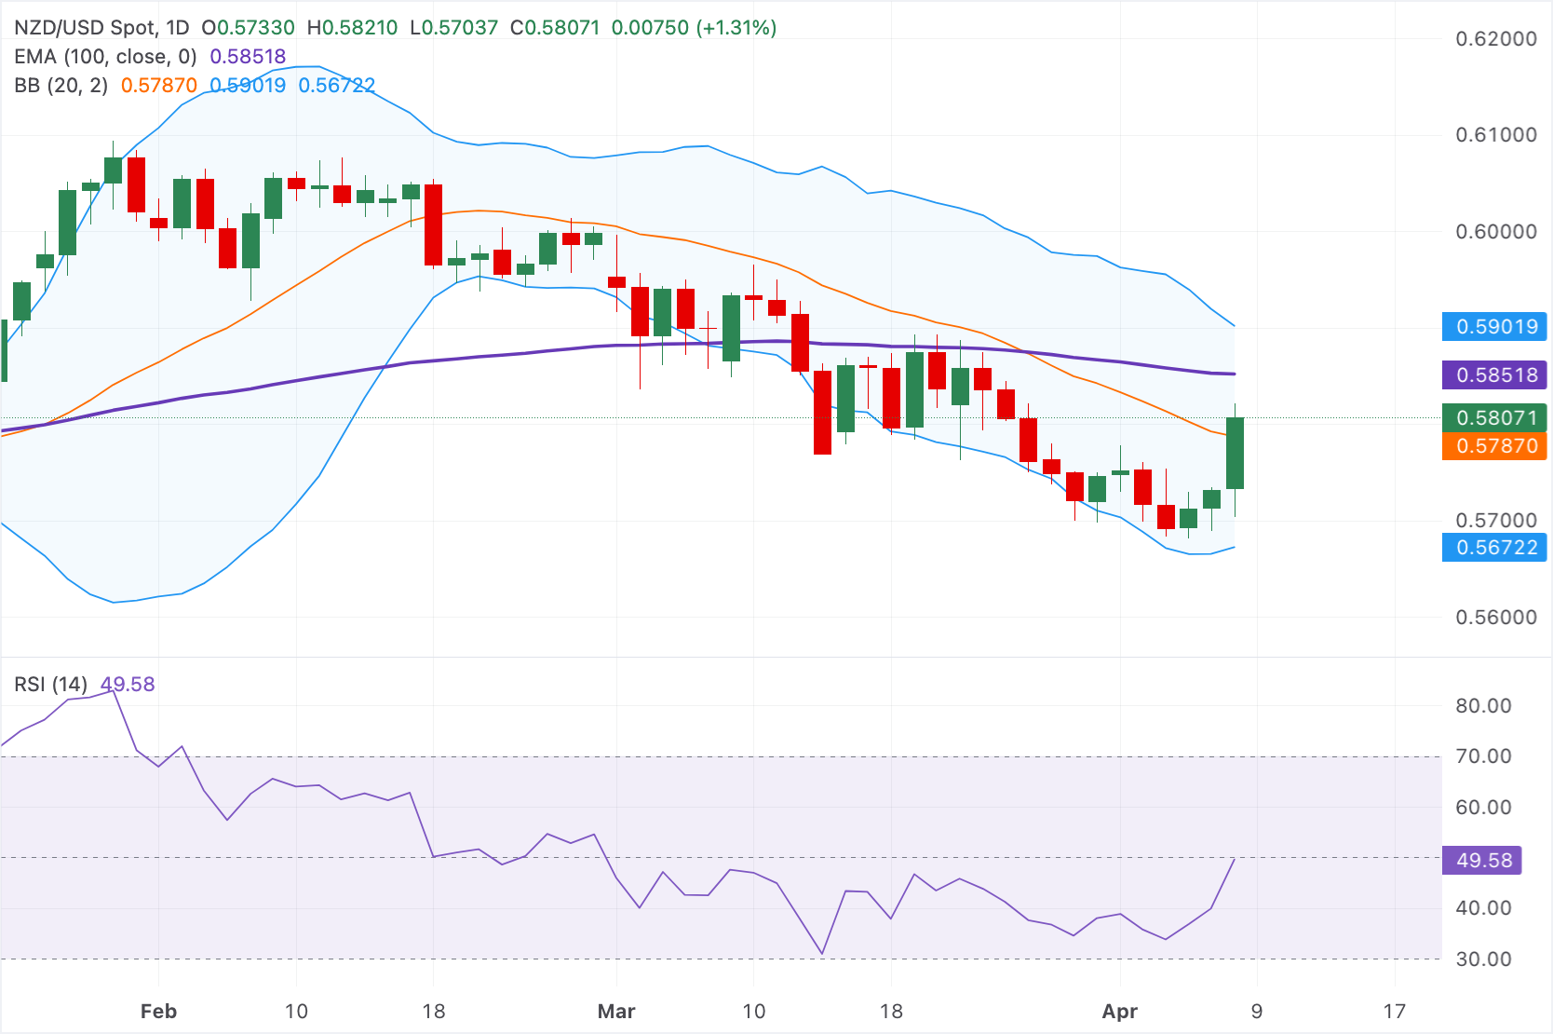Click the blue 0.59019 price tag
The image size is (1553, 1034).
pyautogui.click(x=1493, y=327)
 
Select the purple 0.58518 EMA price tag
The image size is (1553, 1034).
pyautogui.click(x=1493, y=375)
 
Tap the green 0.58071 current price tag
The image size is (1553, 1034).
pyautogui.click(x=1493, y=417)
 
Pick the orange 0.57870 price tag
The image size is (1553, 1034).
pyautogui.click(x=1493, y=446)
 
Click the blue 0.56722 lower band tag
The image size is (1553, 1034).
pyautogui.click(x=1493, y=548)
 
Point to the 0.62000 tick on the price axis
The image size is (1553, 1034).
pyautogui.click(x=1496, y=39)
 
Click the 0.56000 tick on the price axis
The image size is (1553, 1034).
pyautogui.click(x=1496, y=618)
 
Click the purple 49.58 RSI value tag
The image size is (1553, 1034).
pyautogui.click(x=1481, y=861)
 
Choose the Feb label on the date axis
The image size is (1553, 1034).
pyautogui.click(x=158, y=1012)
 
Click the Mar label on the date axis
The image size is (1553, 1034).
pyautogui.click(x=616, y=1012)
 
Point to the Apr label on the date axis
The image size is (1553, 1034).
pyautogui.click(x=1119, y=1012)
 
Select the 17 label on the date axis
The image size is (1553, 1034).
pyautogui.click(x=1394, y=1012)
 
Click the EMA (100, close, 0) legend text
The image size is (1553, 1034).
pyautogui.click(x=105, y=57)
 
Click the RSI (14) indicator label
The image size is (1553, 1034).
pyautogui.click(x=50, y=685)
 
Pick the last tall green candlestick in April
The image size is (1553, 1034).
pyautogui.click(x=1236, y=453)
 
